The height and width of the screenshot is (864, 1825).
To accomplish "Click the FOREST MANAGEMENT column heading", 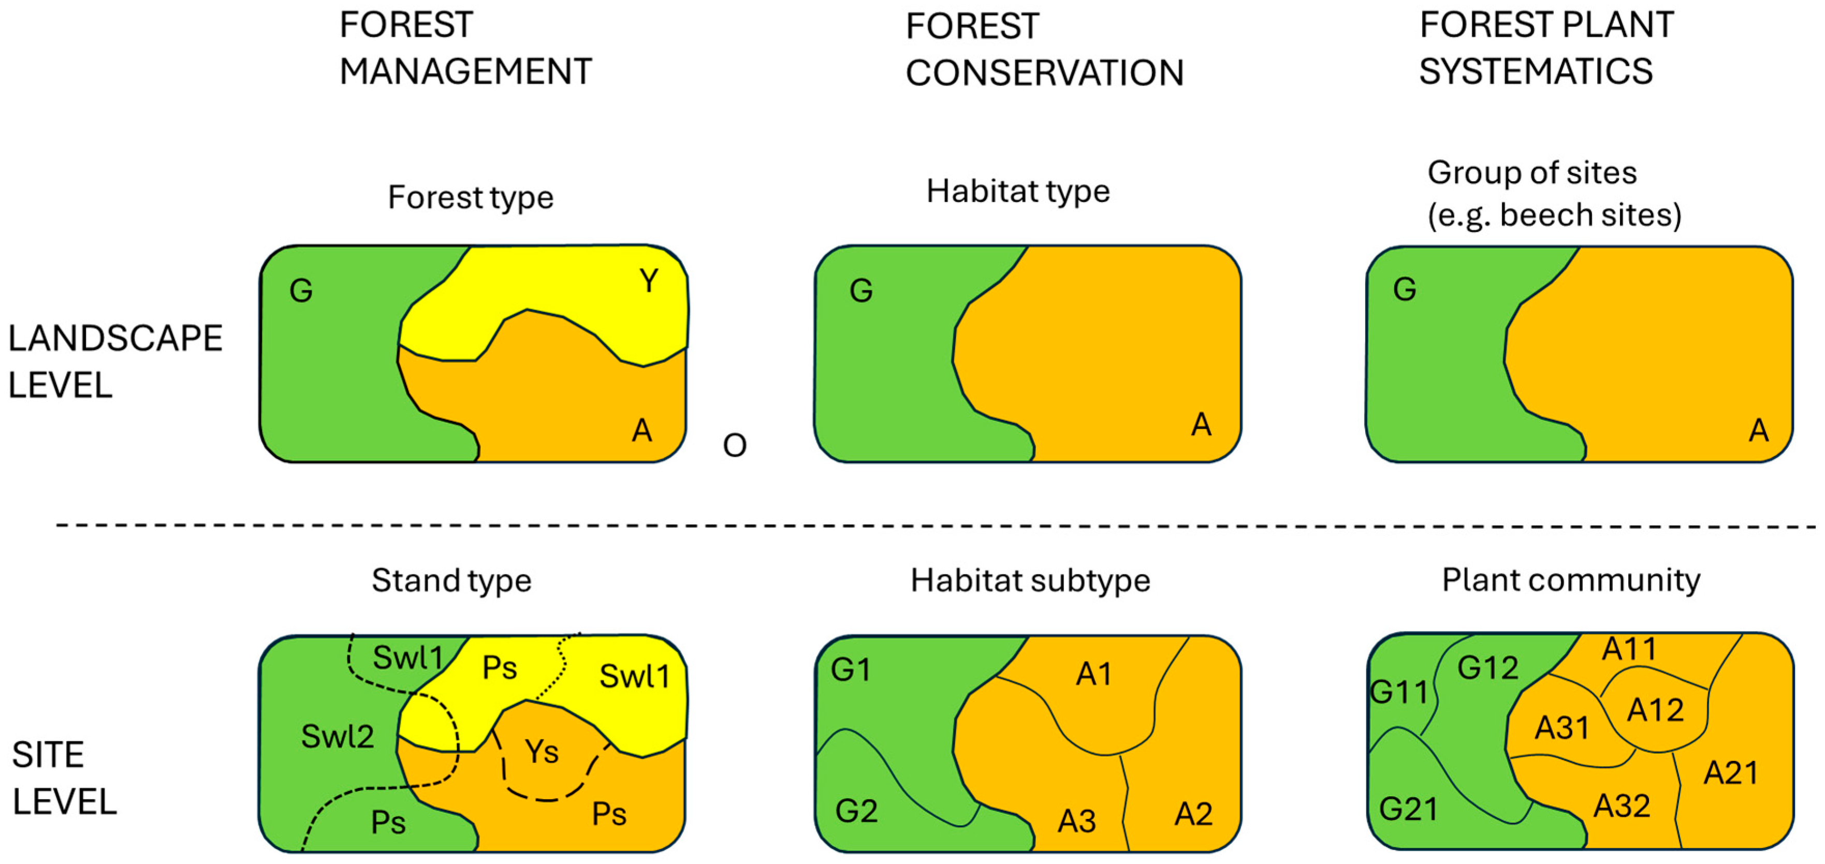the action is [465, 48].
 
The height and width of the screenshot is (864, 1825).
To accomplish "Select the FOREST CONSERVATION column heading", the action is [1044, 50].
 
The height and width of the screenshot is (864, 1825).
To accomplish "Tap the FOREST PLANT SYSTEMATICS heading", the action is [1546, 48].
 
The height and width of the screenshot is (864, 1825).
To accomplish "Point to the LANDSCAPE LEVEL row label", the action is [115, 361].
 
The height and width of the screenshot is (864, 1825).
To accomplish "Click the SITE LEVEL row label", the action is [64, 778].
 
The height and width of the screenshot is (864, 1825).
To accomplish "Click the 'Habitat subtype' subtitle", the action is [1030, 581].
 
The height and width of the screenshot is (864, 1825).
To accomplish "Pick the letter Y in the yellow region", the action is [648, 281].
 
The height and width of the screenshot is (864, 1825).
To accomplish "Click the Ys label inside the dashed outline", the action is [542, 751].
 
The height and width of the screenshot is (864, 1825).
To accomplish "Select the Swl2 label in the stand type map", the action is [337, 737].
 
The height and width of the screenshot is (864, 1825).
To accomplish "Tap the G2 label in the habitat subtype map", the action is [856, 811].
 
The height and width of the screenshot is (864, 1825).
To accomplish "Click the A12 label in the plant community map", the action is [1655, 710].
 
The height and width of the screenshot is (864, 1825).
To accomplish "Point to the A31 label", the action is [1561, 727].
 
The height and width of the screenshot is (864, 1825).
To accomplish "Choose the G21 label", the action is [1408, 809].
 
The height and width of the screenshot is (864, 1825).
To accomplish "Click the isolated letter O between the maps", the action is [735, 445].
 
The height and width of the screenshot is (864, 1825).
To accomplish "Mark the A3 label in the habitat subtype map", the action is [1077, 822].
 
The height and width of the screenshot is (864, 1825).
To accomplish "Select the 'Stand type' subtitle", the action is [451, 581].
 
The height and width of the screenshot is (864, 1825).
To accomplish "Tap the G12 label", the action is [1488, 668].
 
